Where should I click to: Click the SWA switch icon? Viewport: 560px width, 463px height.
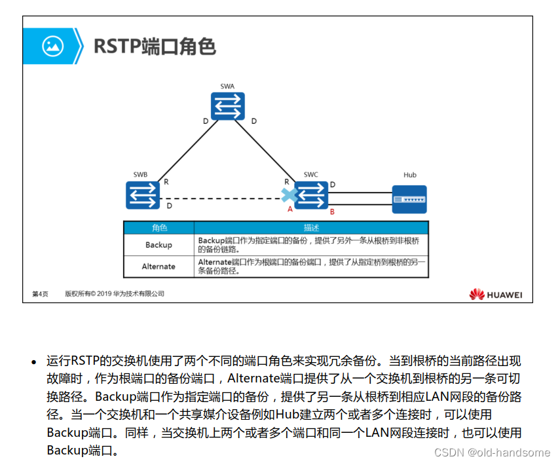(x=227, y=106)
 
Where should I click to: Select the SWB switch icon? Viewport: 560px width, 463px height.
(x=143, y=195)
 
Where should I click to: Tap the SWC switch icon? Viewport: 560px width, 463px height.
(x=311, y=195)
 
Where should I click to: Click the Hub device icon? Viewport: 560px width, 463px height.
(x=409, y=198)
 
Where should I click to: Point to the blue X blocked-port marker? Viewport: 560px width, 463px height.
(x=288, y=194)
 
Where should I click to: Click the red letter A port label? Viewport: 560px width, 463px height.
(x=289, y=209)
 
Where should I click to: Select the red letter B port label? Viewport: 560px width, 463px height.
(x=332, y=212)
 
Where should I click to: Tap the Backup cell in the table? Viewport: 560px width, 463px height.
(x=159, y=245)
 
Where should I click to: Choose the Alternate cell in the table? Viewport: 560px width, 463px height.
(x=159, y=267)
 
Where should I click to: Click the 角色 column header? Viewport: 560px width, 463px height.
(x=159, y=228)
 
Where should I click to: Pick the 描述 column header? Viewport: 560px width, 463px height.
(x=312, y=228)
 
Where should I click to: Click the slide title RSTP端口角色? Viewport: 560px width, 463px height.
(x=155, y=46)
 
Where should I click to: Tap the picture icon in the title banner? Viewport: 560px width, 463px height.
(x=52, y=46)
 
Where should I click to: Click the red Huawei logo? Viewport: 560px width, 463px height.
(x=477, y=295)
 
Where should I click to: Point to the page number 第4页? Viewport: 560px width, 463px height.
(x=40, y=294)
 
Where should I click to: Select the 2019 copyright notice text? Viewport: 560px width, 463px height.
(x=114, y=294)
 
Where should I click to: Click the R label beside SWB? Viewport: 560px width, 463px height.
(x=166, y=181)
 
